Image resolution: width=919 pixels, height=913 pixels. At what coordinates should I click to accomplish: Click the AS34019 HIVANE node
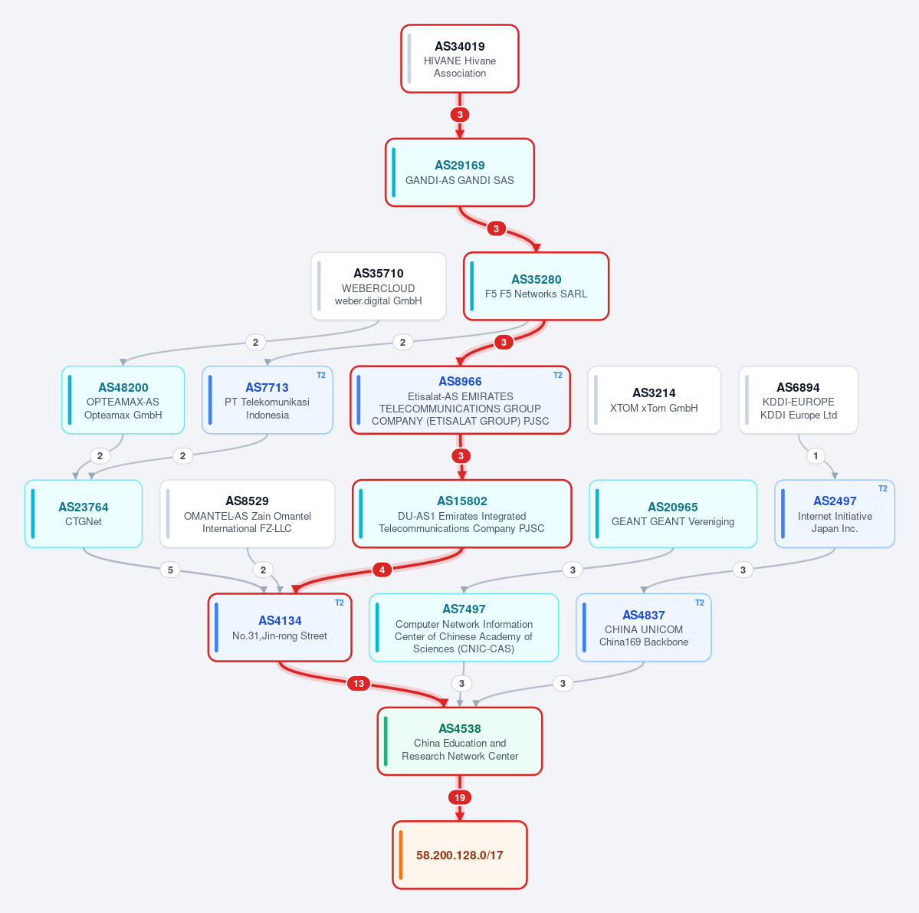(x=460, y=58)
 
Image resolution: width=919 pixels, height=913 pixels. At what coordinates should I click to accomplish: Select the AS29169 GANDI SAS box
(x=460, y=172)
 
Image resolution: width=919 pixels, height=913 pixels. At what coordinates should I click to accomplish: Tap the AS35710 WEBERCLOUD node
(x=378, y=286)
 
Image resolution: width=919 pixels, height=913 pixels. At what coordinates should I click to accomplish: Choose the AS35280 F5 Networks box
(x=536, y=286)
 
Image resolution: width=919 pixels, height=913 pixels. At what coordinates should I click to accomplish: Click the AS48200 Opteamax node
(x=123, y=400)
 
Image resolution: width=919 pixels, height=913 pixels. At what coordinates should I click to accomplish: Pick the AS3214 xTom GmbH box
(x=654, y=400)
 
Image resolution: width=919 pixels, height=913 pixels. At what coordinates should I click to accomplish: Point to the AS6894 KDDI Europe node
(x=798, y=400)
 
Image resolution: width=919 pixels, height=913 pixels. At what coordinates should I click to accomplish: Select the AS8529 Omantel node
(x=248, y=514)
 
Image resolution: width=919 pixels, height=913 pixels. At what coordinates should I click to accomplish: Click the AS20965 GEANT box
(x=673, y=514)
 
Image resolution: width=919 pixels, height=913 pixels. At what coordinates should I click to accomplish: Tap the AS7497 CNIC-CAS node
(x=464, y=628)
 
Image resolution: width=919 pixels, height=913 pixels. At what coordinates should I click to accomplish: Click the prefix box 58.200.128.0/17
(x=460, y=855)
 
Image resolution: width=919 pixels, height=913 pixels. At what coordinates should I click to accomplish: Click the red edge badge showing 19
(x=460, y=797)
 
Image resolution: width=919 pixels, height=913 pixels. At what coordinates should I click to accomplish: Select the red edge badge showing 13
(x=359, y=683)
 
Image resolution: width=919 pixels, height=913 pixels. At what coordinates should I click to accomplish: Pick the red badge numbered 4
(x=382, y=570)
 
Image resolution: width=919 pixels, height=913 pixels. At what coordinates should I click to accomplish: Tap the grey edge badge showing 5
(x=170, y=570)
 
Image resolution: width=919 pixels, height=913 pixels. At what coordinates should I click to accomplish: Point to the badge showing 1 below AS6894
(x=816, y=456)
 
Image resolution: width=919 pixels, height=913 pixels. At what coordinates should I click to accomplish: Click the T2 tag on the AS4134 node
(x=340, y=603)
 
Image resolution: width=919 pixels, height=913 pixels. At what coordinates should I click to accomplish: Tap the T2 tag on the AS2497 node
(x=883, y=489)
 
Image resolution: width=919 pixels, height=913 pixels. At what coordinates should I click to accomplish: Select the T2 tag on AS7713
(x=320, y=375)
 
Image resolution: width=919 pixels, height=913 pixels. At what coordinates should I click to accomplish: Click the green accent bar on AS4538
(x=386, y=741)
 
